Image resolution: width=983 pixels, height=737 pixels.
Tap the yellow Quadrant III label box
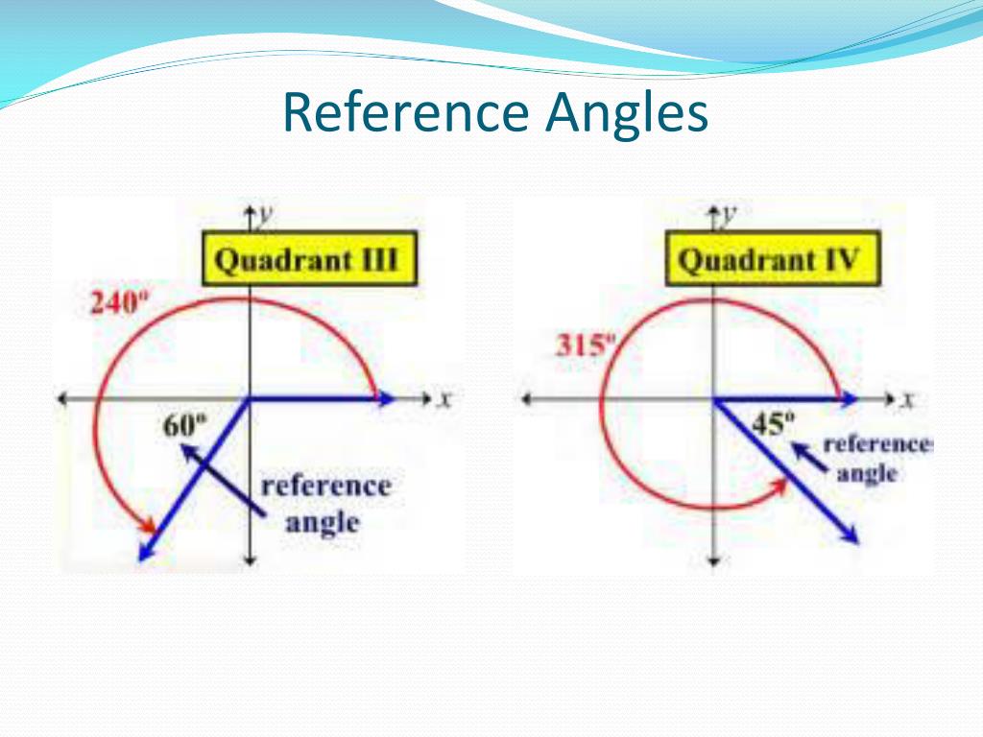308,259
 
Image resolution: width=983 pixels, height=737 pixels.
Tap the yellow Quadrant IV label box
769,259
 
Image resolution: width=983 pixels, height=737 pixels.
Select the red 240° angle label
116,304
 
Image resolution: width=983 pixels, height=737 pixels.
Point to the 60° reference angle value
184,425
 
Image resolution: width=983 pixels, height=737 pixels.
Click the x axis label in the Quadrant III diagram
444,399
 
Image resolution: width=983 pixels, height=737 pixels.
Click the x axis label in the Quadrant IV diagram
908,399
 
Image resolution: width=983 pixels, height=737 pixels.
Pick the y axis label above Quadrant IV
731,215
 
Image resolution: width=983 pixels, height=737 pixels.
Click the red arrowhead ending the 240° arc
147,525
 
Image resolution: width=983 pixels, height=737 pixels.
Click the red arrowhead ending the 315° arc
779,484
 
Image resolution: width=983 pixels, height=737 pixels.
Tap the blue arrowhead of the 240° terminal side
146,551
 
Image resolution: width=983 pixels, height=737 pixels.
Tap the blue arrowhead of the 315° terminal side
849,535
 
